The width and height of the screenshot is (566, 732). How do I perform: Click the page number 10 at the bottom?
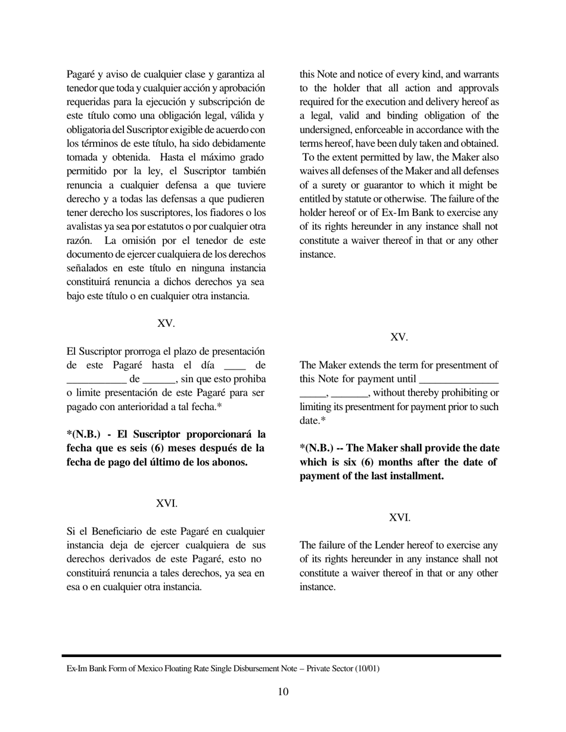[x=283, y=692]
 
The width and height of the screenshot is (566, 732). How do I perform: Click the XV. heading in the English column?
[x=399, y=337]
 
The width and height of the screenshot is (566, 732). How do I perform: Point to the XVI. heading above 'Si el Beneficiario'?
[x=166, y=503]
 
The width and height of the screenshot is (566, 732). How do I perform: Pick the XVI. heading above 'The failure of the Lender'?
[x=399, y=518]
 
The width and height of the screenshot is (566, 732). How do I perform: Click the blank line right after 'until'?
[x=459, y=379]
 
